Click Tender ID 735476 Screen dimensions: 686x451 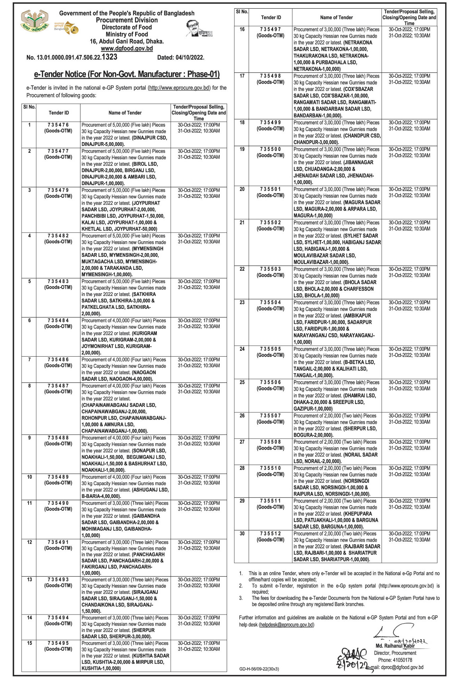(x=58, y=125)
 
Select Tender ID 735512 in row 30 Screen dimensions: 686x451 (x=270, y=533)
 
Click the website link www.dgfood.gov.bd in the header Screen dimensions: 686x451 (x=127, y=49)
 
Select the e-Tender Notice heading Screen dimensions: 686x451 (x=127, y=74)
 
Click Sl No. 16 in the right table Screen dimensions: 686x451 (x=242, y=30)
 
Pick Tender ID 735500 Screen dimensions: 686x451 (x=270, y=149)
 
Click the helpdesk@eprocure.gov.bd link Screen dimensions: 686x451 (x=287, y=625)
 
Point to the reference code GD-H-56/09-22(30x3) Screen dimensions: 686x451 (x=259, y=669)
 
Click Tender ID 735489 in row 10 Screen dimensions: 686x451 (x=58, y=477)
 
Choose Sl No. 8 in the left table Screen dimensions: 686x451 (x=29, y=386)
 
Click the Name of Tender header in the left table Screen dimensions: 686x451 (x=125, y=113)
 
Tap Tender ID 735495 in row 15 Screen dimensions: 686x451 (x=58, y=643)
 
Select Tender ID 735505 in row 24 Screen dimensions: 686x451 (x=270, y=349)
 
